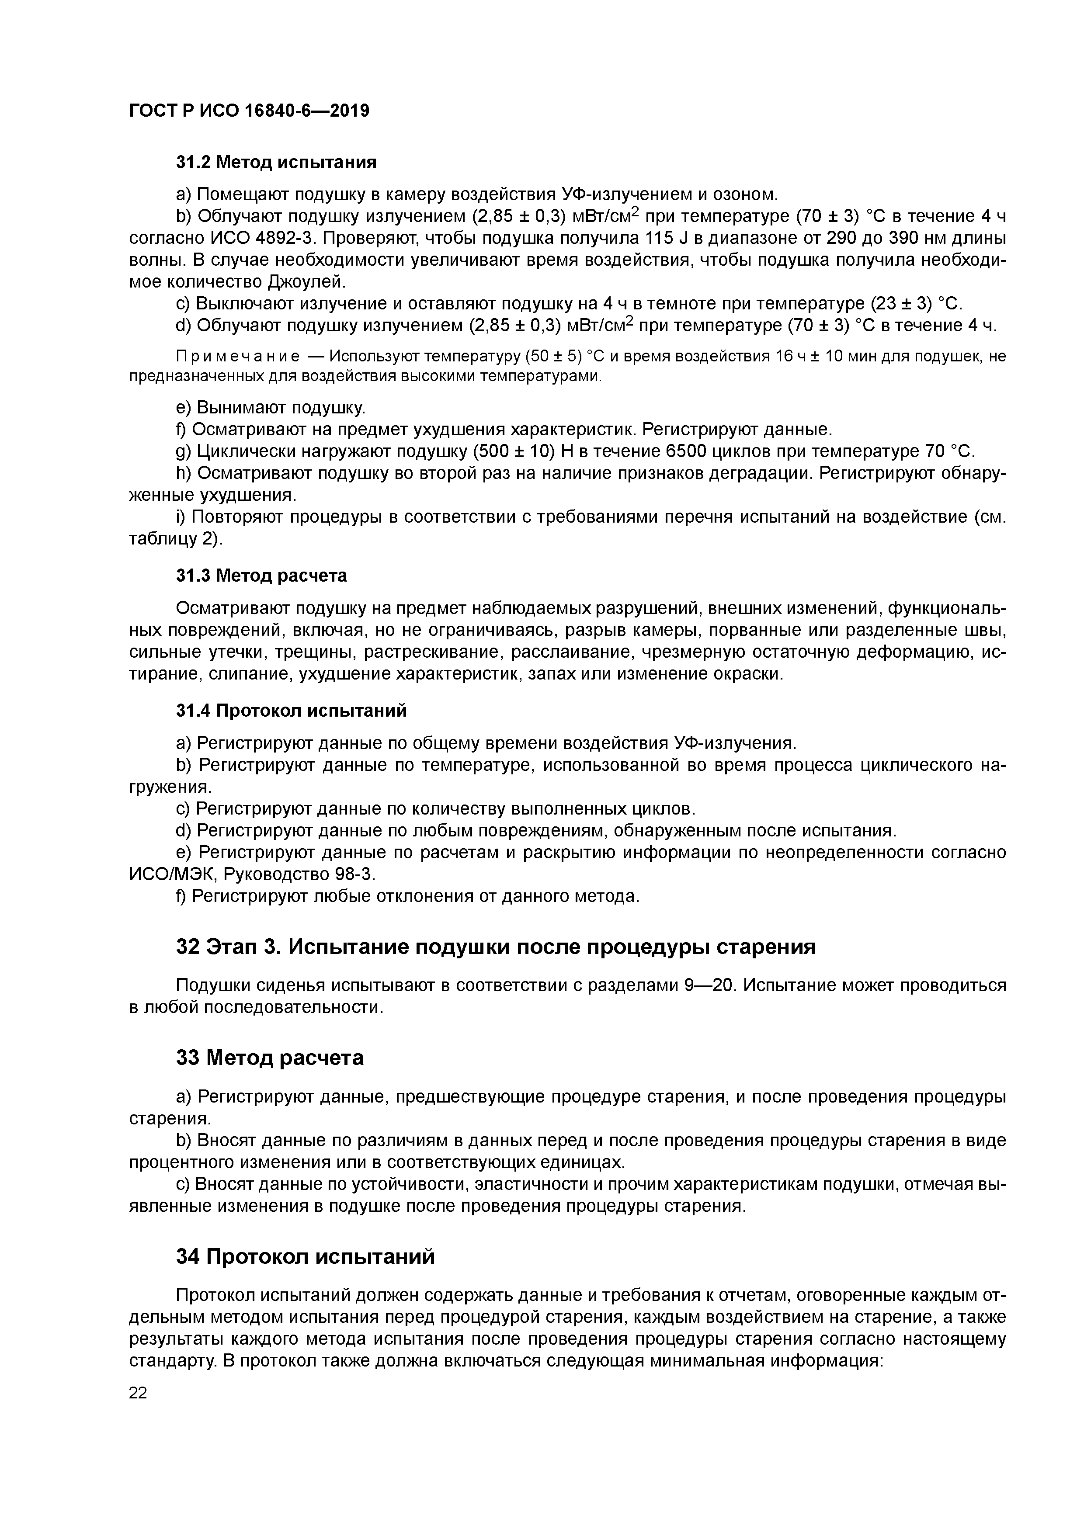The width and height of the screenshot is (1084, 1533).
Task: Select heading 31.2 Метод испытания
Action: click(x=276, y=162)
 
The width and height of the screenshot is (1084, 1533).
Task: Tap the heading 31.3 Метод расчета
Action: click(x=261, y=576)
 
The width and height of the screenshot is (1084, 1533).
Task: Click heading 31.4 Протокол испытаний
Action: click(x=291, y=711)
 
